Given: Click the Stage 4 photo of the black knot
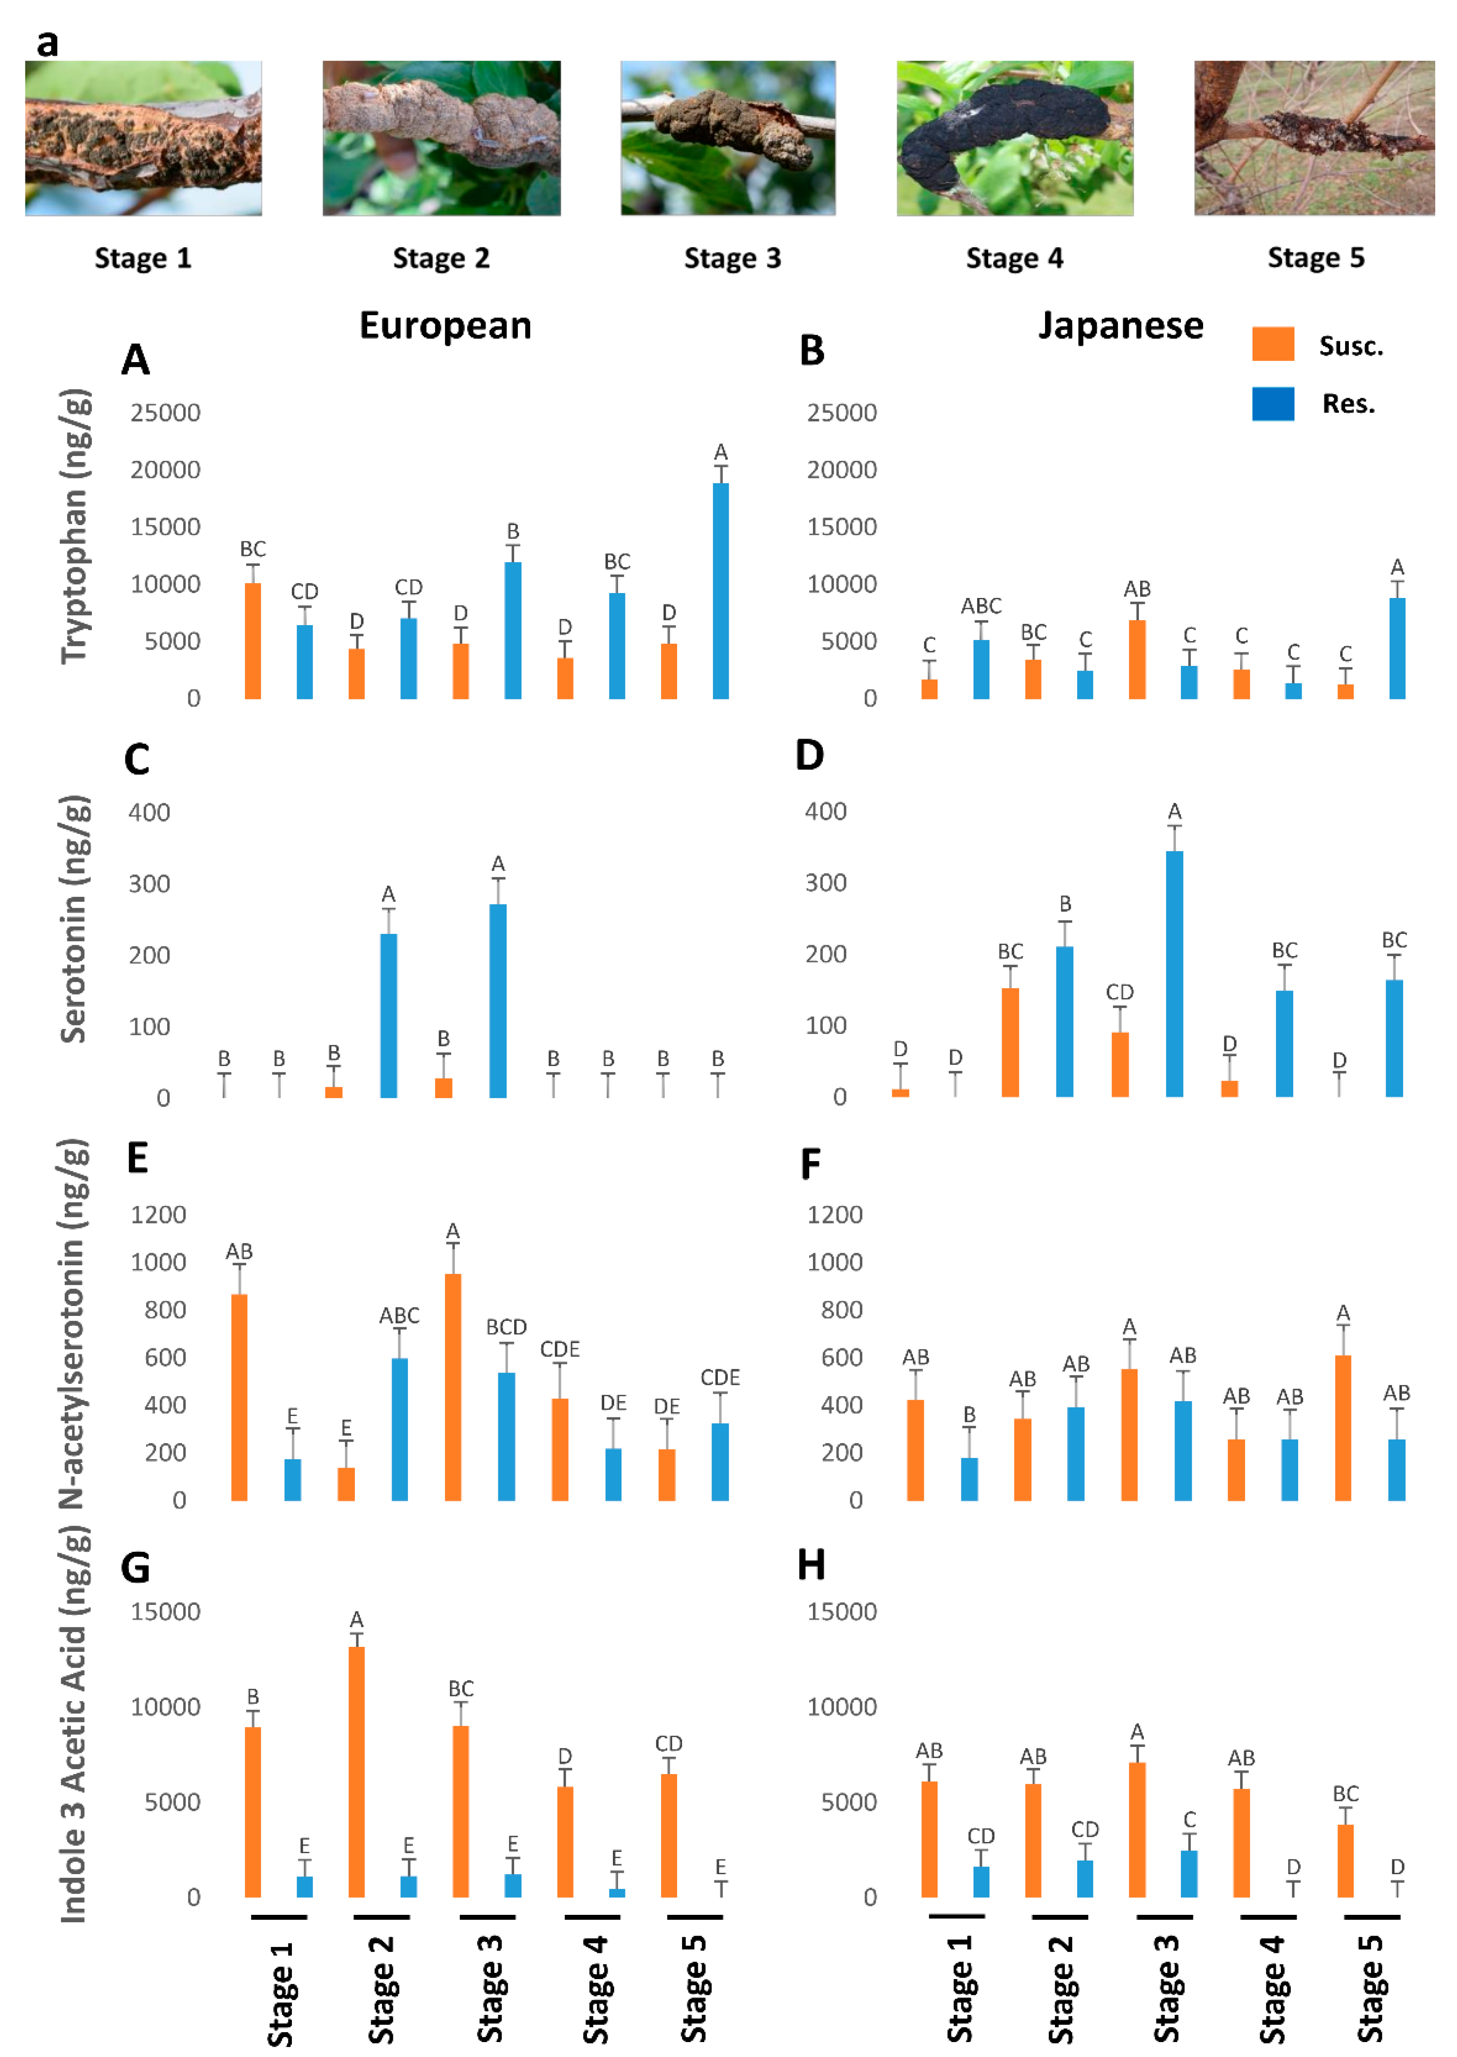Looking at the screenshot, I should coord(1015,138).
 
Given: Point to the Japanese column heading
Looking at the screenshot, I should coord(1121,325).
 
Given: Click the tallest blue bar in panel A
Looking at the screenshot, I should coord(721,590).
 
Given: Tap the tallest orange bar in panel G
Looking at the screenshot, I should coord(356,1772).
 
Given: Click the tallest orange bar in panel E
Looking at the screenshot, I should coord(453,1387).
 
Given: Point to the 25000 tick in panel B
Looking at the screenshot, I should coord(841,413).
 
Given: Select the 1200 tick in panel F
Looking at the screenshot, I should coord(834,1215).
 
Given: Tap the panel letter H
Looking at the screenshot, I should coord(811,1565).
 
